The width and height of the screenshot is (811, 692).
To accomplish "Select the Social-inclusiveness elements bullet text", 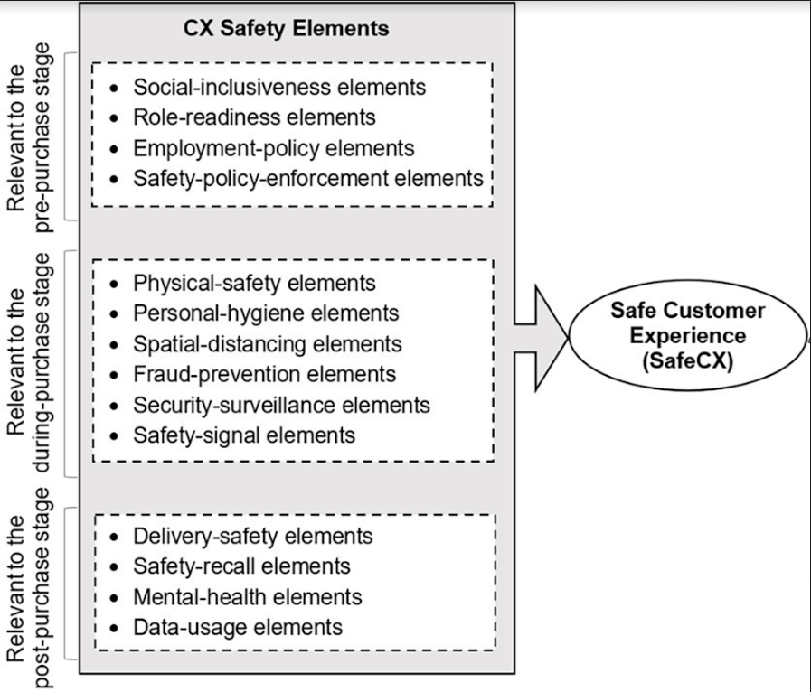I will tap(279, 88).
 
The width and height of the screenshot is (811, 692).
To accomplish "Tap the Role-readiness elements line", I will tap(254, 117).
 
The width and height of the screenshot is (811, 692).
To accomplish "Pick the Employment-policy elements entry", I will tap(273, 148).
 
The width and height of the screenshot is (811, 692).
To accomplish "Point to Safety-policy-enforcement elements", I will tap(308, 178).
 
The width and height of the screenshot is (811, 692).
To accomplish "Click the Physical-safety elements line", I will tap(254, 283).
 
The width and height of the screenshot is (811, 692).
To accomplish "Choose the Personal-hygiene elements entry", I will tap(266, 313).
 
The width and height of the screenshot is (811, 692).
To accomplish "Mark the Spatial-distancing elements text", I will tap(268, 344).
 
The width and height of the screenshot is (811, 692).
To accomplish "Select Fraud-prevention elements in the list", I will tap(264, 374).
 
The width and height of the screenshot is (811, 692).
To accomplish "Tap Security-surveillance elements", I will tap(281, 405).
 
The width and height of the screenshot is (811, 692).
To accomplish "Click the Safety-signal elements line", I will tap(244, 435).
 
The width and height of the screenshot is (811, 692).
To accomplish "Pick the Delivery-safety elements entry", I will tap(252, 536).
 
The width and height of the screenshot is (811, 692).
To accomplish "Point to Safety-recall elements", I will tap(241, 566).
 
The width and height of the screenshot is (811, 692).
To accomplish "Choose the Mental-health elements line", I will tap(247, 596).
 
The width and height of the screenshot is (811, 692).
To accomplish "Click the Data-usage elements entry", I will tap(238, 626).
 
